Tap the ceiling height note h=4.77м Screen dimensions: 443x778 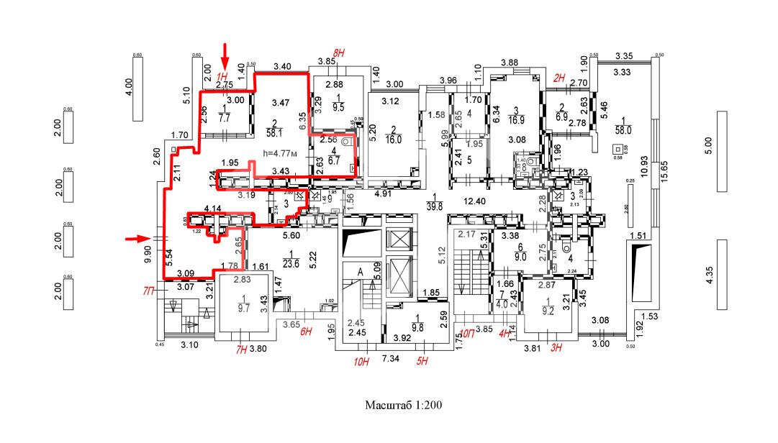click(x=283, y=152)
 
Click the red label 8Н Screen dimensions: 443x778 click(x=338, y=52)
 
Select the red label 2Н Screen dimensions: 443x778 click(x=558, y=78)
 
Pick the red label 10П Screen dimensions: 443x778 click(x=467, y=334)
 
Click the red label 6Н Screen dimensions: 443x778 click(x=306, y=332)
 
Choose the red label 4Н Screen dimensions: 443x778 click(x=505, y=334)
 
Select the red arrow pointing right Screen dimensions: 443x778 click(x=136, y=238)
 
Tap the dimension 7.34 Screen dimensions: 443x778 click(x=391, y=358)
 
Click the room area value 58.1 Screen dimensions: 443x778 click(x=273, y=132)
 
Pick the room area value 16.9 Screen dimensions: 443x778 click(x=514, y=120)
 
